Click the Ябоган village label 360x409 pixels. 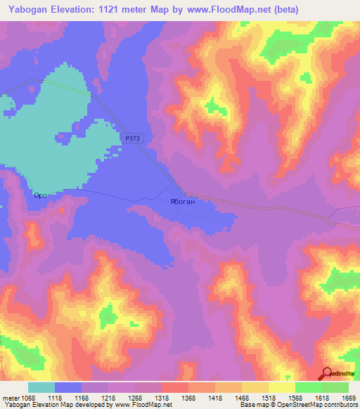(182, 201)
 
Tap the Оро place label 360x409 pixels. (40, 195)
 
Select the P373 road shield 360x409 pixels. (131, 139)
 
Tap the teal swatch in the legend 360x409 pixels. (41, 387)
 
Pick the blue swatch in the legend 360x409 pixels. (68, 387)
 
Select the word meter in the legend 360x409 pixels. (11, 397)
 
